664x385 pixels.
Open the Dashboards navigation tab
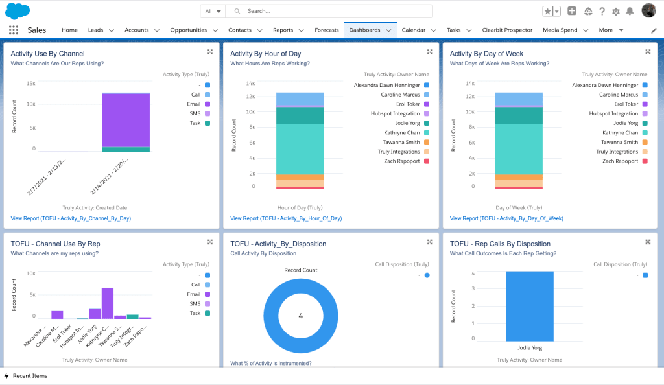(x=364, y=30)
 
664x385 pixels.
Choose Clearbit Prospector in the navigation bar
(x=507, y=30)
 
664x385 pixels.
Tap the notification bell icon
(x=629, y=11)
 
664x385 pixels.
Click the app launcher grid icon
(x=14, y=30)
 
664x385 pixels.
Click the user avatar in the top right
(x=648, y=11)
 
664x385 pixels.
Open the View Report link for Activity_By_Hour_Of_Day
(x=286, y=218)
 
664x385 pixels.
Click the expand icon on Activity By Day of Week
(x=648, y=52)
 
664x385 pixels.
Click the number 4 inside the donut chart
(x=301, y=316)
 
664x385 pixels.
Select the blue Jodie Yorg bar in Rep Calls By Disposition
(x=530, y=306)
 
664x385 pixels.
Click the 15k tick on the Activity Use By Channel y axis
(x=30, y=84)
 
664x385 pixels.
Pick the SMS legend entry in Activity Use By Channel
(x=195, y=113)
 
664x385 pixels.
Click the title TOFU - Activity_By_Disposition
(x=278, y=244)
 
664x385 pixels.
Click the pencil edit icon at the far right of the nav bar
(x=654, y=30)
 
